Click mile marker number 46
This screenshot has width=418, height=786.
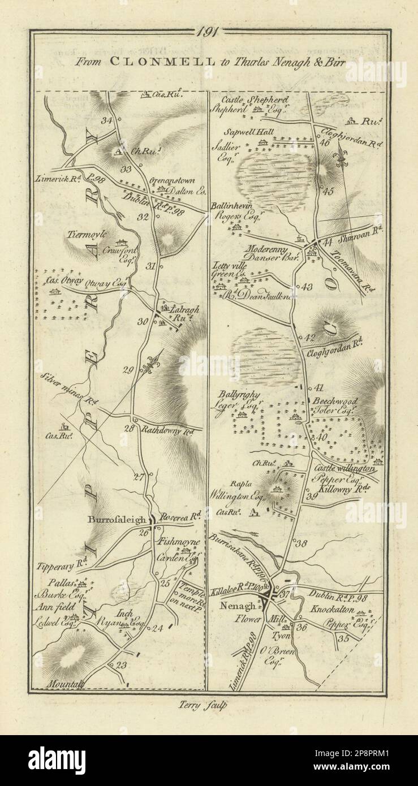[324, 142]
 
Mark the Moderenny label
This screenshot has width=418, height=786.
[267, 248]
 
